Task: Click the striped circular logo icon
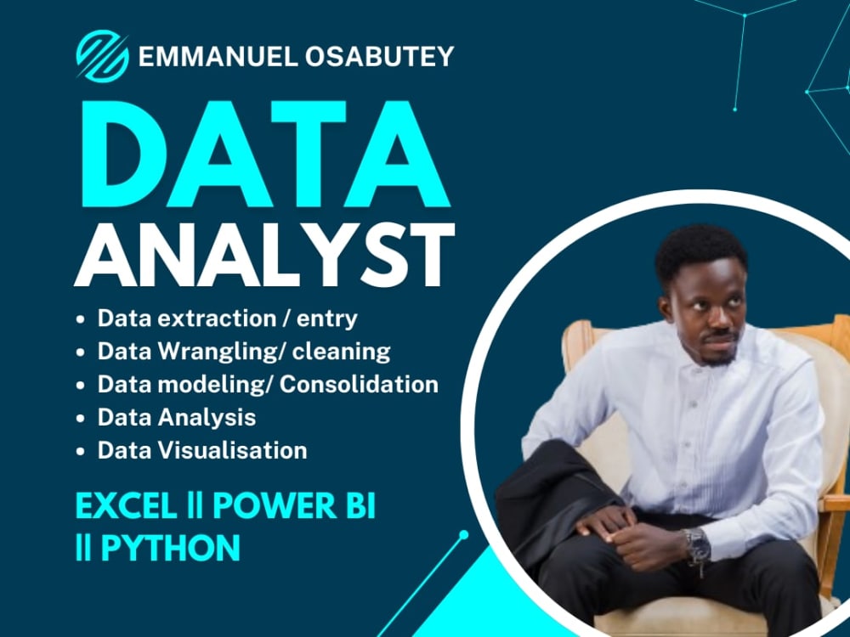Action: coord(102,56)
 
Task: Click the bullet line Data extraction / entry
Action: coord(227,318)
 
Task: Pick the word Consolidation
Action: coord(359,384)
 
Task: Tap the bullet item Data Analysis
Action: coord(176,417)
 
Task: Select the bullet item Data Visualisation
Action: coord(201,450)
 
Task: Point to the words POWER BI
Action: coord(293,506)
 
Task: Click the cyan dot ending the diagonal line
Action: coord(463,535)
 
